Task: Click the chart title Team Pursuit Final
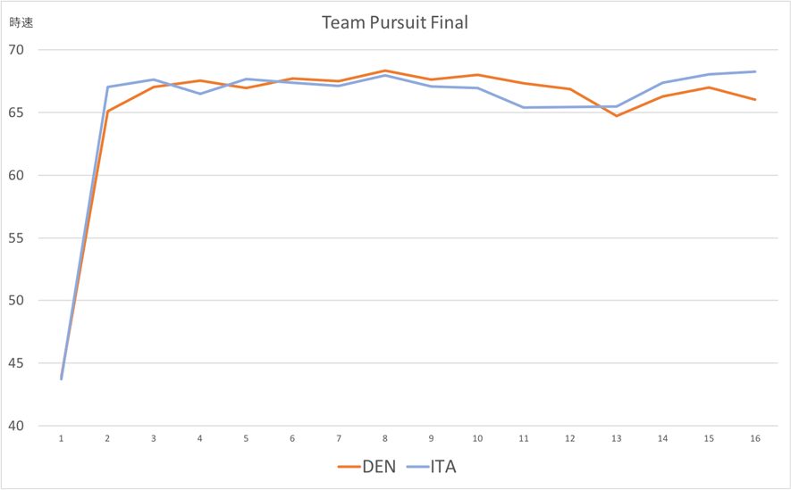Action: tap(395, 22)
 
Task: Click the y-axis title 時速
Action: tap(21, 23)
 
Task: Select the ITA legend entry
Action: tap(433, 466)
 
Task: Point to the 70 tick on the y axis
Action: tap(18, 50)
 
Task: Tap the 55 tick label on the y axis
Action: tap(18, 237)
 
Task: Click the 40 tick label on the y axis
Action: tap(18, 426)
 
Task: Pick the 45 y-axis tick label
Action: tap(18, 363)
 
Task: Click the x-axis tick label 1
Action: tap(62, 439)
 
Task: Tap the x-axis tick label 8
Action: tap(385, 439)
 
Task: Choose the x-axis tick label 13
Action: tap(616, 439)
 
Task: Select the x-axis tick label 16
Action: tap(754, 439)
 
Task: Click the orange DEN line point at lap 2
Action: tap(107, 112)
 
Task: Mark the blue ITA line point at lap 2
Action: tap(107, 87)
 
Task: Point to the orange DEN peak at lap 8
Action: tap(385, 71)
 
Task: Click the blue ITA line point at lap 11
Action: tap(524, 107)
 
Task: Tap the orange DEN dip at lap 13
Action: tap(616, 116)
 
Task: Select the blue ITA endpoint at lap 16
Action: tap(754, 71)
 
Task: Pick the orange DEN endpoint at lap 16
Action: tap(754, 99)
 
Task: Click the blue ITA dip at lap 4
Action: tap(200, 94)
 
